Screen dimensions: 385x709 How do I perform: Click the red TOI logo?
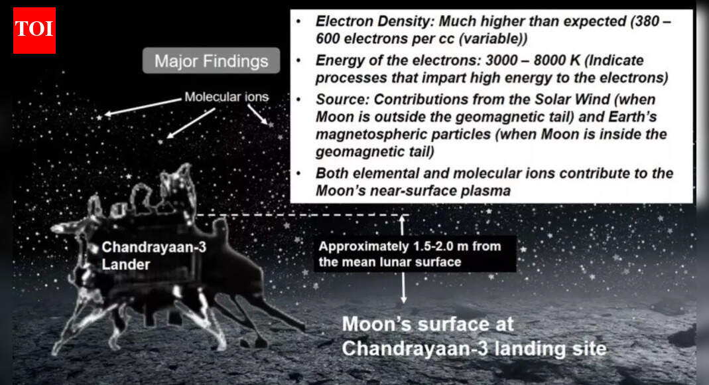[34, 30]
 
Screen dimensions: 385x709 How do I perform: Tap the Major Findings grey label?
[212, 62]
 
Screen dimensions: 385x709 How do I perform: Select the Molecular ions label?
[226, 97]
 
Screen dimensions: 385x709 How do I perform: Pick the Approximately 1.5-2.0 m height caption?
[410, 254]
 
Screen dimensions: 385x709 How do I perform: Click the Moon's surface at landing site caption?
[474, 337]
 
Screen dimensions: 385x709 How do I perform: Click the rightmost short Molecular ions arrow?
[260, 114]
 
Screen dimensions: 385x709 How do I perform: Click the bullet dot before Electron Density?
[300, 21]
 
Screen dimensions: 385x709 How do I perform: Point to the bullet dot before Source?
[300, 100]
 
